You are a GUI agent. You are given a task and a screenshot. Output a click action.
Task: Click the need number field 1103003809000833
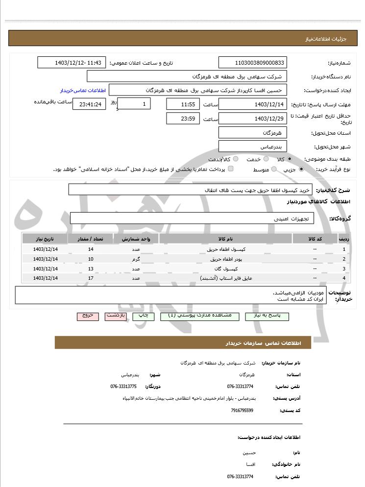[252, 63]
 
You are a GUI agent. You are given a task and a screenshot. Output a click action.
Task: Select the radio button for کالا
[290, 159]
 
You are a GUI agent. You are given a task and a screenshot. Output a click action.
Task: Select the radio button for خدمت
[266, 159]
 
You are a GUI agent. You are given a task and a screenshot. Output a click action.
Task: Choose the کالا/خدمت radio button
[236, 159]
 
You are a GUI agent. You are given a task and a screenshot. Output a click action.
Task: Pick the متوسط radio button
[274, 169]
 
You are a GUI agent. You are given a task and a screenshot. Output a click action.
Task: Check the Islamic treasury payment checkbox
[231, 169]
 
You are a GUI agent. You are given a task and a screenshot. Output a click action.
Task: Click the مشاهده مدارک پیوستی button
[199, 316]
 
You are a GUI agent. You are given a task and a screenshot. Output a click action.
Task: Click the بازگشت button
[116, 316]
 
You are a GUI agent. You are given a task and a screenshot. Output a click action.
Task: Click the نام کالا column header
[226, 239]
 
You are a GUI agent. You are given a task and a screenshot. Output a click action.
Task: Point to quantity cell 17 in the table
[91, 278]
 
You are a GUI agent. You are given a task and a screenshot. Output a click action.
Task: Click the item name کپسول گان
[226, 268]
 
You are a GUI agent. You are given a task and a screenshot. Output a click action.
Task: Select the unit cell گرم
[136, 259]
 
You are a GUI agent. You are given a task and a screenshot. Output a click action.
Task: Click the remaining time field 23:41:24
[89, 104]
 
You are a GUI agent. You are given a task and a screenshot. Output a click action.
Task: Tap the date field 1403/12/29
[252, 119]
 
